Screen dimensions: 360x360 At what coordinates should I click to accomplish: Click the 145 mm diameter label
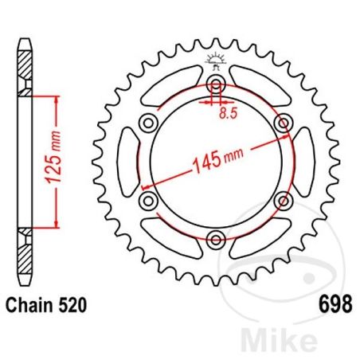[x=215, y=162]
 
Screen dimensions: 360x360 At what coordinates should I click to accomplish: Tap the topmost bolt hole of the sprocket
[x=215, y=85]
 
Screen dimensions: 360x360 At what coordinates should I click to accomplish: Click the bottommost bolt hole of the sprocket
[x=215, y=237]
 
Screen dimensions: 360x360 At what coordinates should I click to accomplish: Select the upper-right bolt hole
[x=280, y=123]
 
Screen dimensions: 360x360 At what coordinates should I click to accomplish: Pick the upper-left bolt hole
[x=149, y=123]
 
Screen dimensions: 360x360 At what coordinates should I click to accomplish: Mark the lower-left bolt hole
[x=149, y=199]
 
